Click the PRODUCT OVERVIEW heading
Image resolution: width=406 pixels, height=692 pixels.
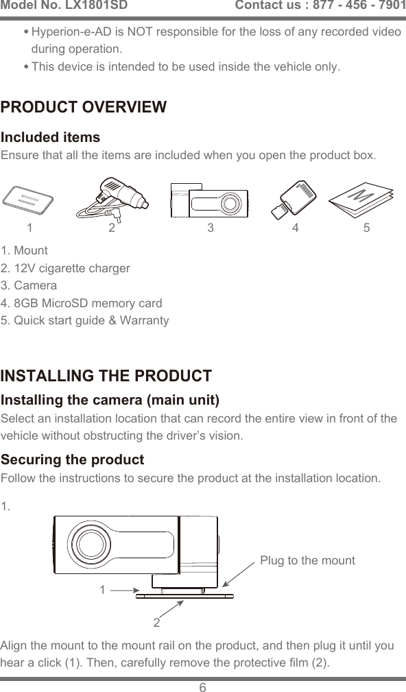pos(84,108)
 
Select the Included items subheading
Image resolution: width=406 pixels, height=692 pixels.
pos(51,138)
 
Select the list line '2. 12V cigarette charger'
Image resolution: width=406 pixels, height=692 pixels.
pos(66,268)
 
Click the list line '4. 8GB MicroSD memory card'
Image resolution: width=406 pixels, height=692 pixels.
pos(82,303)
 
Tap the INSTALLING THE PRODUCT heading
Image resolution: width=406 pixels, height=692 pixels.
pos(106,377)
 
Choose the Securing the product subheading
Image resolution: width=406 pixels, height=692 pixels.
pos(73,459)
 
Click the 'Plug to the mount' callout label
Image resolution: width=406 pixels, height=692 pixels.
pos(307,560)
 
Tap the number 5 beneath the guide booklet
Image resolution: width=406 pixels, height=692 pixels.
pos(367,228)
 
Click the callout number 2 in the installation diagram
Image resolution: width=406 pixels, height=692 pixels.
pos(157,623)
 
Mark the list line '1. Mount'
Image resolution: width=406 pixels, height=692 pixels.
pos(25,250)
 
